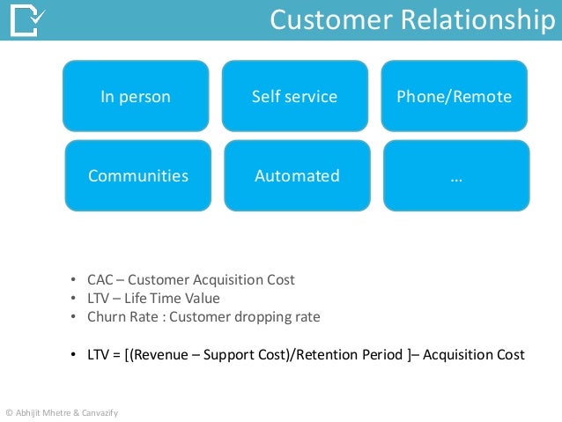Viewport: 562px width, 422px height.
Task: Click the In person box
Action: coord(135,96)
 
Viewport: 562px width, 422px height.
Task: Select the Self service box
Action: coord(294,96)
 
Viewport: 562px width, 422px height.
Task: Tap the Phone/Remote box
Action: coord(454,96)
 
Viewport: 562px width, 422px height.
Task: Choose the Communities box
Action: coord(138,175)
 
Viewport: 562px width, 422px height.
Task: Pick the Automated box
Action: coord(297,175)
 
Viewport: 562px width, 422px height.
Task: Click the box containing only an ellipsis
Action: coord(456,175)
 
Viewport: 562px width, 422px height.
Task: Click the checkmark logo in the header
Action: coord(29,20)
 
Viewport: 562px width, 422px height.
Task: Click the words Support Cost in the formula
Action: coord(248,354)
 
